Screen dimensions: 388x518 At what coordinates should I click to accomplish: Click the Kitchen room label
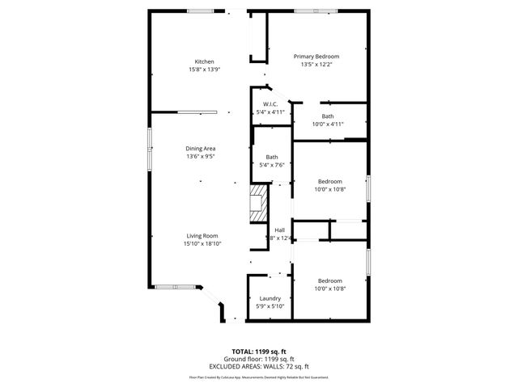click(204, 61)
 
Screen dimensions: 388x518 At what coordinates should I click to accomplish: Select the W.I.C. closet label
click(270, 104)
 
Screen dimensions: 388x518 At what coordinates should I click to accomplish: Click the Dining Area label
click(201, 148)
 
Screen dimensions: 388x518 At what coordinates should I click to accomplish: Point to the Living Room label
click(202, 235)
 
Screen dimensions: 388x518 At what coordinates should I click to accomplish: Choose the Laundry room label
click(270, 297)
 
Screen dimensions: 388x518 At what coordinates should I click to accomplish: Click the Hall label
click(280, 230)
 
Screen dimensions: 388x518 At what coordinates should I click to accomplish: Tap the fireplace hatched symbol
click(258, 203)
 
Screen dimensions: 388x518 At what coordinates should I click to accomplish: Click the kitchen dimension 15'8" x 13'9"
click(204, 70)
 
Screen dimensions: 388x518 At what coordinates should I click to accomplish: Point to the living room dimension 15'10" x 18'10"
click(202, 243)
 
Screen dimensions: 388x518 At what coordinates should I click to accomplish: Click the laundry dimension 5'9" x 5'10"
click(270, 306)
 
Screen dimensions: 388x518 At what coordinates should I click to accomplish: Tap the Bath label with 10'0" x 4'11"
click(328, 116)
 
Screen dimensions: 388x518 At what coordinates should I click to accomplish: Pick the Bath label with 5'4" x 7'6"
click(272, 157)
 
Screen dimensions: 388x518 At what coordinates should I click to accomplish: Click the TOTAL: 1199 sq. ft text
click(259, 352)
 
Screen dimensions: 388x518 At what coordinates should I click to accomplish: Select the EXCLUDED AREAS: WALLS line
click(259, 366)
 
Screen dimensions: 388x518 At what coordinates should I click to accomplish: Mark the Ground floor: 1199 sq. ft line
click(259, 359)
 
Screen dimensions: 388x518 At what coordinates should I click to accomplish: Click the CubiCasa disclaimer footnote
click(259, 377)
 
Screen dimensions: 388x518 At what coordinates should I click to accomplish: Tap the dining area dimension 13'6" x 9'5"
click(201, 156)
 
